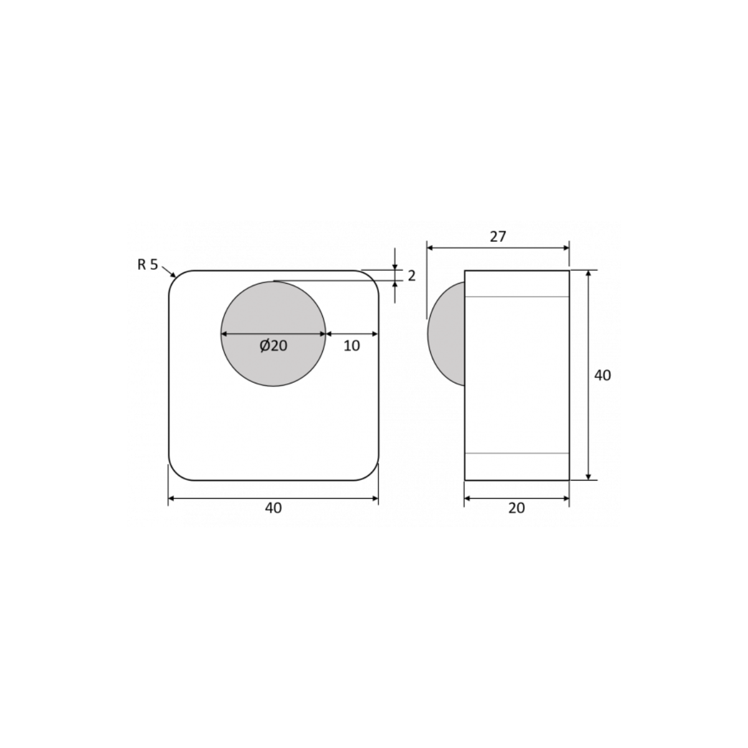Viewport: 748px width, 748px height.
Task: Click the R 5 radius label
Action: (x=148, y=265)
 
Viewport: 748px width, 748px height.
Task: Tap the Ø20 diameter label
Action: (x=273, y=345)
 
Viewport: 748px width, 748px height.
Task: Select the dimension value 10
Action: (x=352, y=345)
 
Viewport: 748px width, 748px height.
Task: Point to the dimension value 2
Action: (x=411, y=276)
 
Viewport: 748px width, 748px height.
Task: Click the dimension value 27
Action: (x=497, y=236)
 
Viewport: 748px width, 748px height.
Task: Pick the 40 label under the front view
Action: (x=273, y=508)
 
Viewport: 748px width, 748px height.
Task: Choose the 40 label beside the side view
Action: (x=602, y=375)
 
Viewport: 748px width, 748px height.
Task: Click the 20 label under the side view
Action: (x=516, y=508)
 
